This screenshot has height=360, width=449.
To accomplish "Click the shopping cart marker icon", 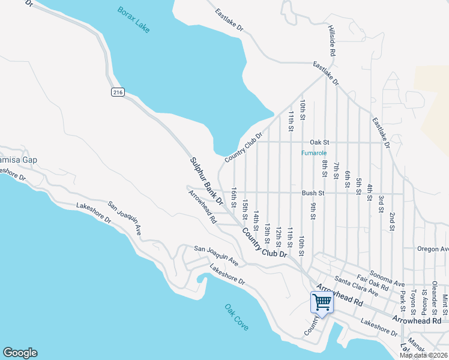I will (322, 302).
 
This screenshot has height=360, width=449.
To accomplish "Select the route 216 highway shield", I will (118, 92).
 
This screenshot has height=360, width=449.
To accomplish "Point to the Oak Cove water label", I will (237, 317).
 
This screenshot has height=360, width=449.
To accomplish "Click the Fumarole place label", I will (313, 153).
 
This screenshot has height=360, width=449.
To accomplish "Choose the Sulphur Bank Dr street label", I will (207, 180).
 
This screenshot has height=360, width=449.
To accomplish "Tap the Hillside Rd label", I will (331, 41).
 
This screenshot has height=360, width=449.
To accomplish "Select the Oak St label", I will (319, 142).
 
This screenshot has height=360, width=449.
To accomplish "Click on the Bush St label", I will (313, 193).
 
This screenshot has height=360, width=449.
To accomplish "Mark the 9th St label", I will (313, 211).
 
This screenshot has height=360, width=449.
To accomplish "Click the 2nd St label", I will (391, 221).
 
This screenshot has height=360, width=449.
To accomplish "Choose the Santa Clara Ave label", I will (357, 286).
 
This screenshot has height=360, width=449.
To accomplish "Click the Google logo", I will (20, 353).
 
